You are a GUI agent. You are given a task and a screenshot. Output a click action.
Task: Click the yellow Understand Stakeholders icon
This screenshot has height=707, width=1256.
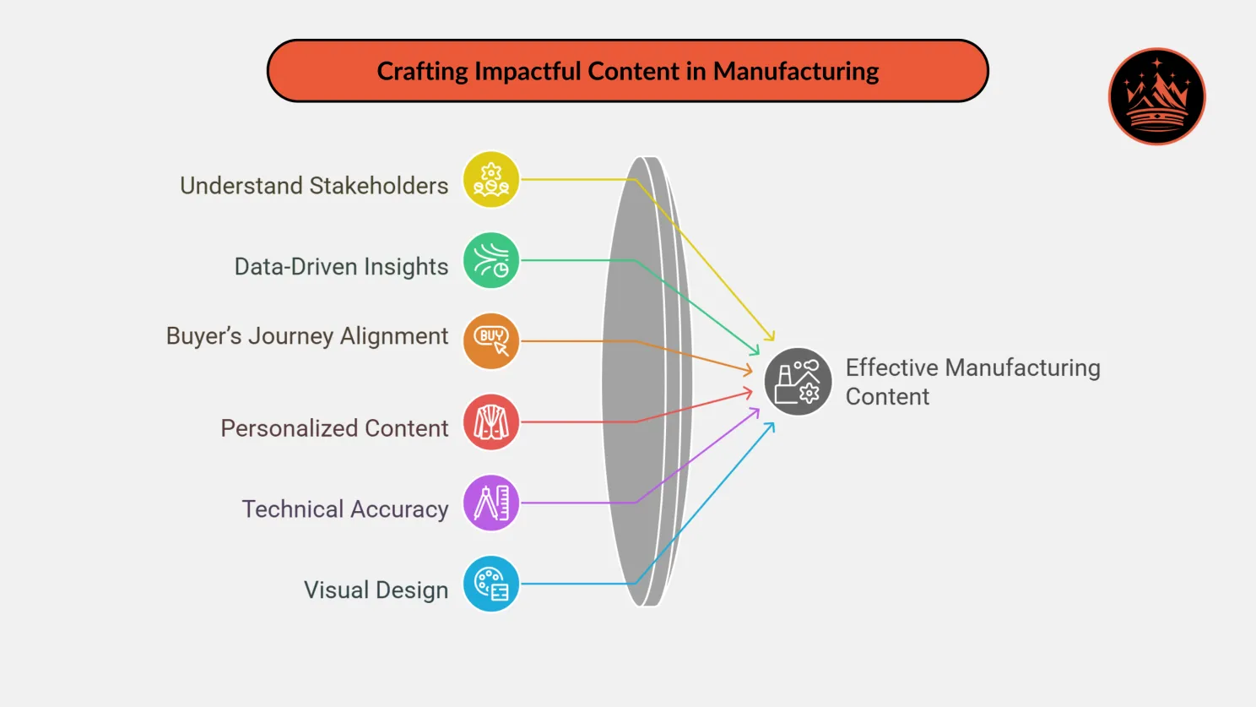491,179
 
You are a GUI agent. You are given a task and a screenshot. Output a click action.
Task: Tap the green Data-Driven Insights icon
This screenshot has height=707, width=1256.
491,260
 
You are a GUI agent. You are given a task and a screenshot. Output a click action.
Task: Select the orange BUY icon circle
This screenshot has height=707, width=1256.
491,341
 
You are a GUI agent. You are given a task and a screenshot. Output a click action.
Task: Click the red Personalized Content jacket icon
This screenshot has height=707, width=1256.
491,421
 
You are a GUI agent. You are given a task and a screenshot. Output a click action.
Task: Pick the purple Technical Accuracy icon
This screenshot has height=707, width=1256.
491,503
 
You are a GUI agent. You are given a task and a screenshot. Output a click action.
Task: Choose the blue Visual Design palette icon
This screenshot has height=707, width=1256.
491,584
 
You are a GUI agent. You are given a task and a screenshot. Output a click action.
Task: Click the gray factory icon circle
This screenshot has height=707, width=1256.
798,381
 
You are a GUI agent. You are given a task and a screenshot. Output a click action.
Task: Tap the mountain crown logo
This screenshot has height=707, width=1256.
1156,96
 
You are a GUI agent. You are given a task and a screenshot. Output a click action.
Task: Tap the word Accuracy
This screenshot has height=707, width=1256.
399,509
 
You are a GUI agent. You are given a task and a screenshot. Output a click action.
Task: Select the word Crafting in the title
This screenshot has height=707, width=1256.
422,72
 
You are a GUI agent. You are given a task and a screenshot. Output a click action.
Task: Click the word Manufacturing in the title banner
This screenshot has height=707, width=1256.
796,72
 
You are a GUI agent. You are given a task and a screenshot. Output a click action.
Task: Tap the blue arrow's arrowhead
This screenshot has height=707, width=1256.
771,426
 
